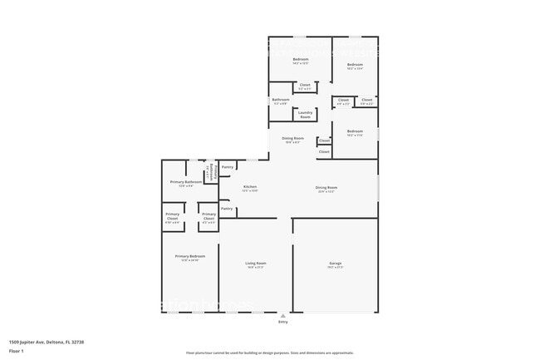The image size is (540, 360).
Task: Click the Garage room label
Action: coord(335,264)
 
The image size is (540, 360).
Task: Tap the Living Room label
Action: coord(256,264)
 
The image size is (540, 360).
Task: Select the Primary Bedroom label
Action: coord(189,258)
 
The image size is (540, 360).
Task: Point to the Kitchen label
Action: coord(250,188)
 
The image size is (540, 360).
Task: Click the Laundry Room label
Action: coord(305,114)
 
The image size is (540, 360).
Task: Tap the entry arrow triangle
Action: coord(284,316)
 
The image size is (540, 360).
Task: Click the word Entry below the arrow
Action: coord(284,323)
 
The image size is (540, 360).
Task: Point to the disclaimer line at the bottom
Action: coord(269,353)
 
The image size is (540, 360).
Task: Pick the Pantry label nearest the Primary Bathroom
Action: coord(227,166)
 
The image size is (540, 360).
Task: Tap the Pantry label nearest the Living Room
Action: coord(227,209)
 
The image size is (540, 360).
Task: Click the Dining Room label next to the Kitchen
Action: coord(326,188)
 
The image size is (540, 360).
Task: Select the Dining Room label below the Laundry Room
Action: coord(292,139)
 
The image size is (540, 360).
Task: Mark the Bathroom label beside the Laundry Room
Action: coord(281,101)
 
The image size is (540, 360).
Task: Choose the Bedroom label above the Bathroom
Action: coord(300,60)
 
